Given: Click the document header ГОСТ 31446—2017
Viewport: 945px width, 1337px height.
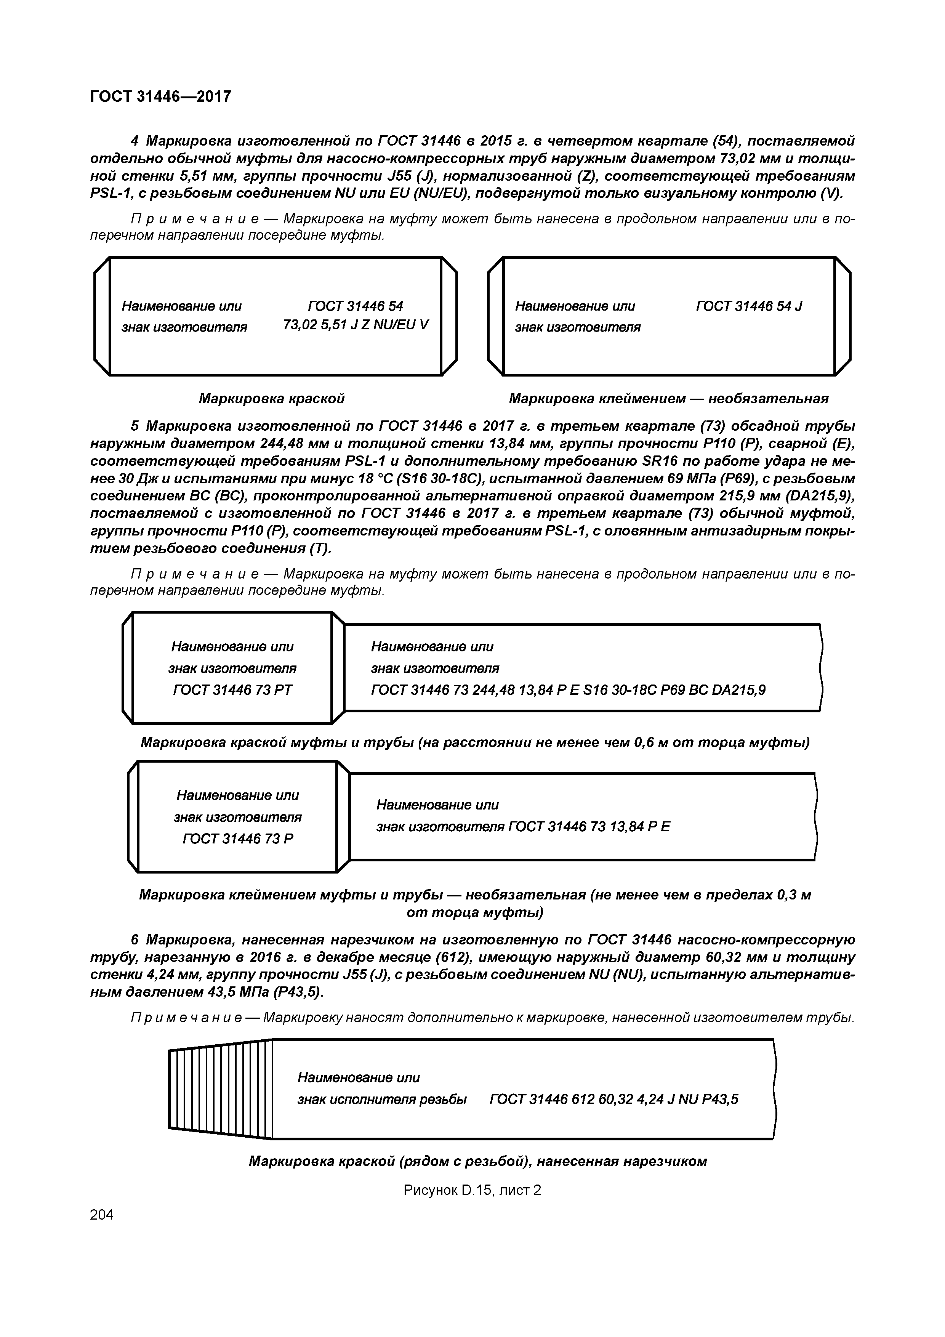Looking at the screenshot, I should pyautogui.click(x=161, y=96).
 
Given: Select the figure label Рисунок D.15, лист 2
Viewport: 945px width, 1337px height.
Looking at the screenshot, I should pyautogui.click(x=472, y=1190).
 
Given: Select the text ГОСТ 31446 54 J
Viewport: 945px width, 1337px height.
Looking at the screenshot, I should pyautogui.click(x=749, y=306).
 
